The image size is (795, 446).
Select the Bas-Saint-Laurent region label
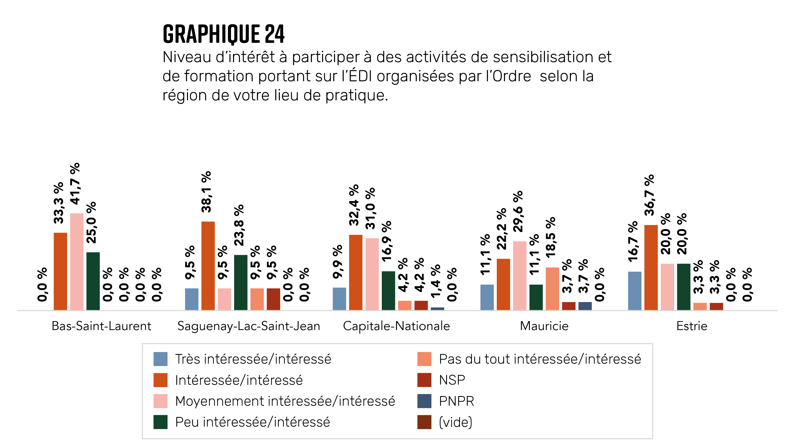pos(101,326)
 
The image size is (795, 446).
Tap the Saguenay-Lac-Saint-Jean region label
pos(249,326)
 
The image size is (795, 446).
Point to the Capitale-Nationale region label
pos(396,326)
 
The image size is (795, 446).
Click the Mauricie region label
pos(544,326)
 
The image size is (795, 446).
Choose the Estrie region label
pos(692,326)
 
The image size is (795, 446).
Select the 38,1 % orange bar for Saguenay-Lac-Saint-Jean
pos(208,266)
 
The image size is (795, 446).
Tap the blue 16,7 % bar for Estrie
pos(634,291)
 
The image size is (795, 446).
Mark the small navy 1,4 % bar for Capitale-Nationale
pos(437,308)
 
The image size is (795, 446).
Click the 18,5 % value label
pos(551,237)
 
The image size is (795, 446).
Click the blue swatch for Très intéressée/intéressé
pos(161,359)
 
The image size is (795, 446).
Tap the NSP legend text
pos(452,380)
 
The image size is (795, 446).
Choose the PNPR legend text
pos(456,401)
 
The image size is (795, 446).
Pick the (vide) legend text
pos(456,422)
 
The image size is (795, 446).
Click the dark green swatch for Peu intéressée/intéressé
pos(161,422)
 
